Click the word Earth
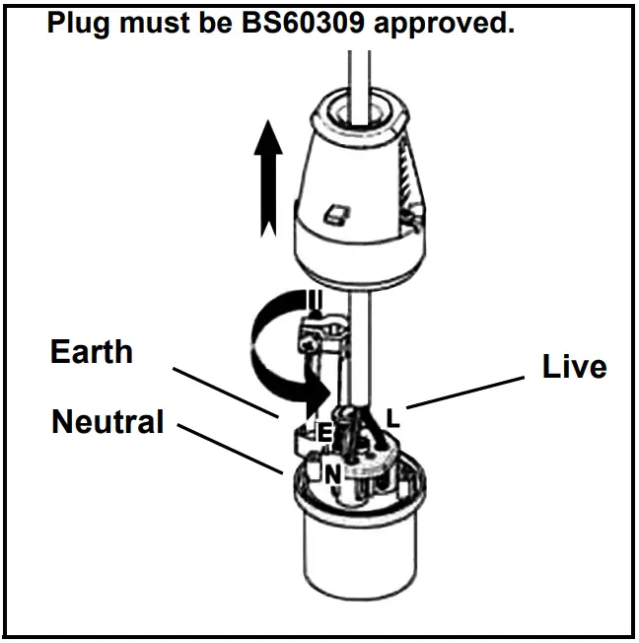[x=91, y=351]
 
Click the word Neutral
[x=106, y=422]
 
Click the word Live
[x=574, y=366]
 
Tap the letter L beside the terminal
[x=392, y=418]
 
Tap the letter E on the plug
[x=322, y=432]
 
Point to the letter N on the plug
[x=333, y=473]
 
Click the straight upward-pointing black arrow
[x=265, y=182]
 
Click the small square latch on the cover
[x=337, y=211]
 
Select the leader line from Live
[x=463, y=389]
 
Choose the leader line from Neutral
[x=232, y=449]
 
